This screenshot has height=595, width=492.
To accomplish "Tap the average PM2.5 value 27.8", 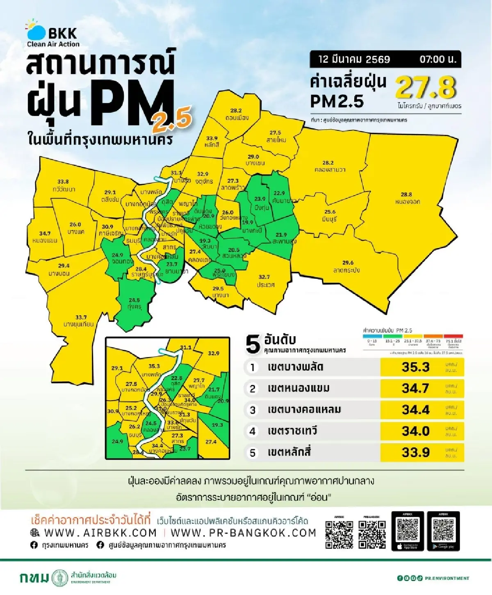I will pyautogui.click(x=426, y=87).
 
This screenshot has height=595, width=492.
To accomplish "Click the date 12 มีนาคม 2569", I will pyautogui.click(x=354, y=59).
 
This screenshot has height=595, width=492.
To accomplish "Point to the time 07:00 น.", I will pyautogui.click(x=437, y=59).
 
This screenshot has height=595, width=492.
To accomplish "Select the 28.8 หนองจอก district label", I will pyautogui.click(x=407, y=198).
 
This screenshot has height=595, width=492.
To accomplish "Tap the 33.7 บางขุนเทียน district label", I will pyautogui.click(x=78, y=321).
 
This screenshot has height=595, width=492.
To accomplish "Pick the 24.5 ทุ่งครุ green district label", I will pyautogui.click(x=134, y=303).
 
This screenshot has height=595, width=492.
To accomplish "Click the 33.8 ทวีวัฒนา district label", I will pyautogui.click(x=64, y=185).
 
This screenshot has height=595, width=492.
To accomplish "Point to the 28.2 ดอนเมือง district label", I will pyautogui.click(x=236, y=114).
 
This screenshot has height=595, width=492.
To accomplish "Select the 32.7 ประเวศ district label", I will pyautogui.click(x=265, y=281).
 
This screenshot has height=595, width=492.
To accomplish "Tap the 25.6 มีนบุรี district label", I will pyautogui.click(x=330, y=215).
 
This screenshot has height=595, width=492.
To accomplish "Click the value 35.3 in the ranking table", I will pyautogui.click(x=415, y=367).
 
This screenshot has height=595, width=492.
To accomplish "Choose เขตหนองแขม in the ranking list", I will pyautogui.click(x=298, y=388).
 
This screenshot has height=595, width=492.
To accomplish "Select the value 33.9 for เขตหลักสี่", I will pyautogui.click(x=415, y=452).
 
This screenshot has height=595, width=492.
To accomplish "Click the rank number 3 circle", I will pyautogui.click(x=253, y=410).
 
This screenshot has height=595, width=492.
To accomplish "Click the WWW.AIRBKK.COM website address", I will pyautogui.click(x=100, y=533).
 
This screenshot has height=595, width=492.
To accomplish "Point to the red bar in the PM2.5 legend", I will pyautogui.click(x=453, y=336).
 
